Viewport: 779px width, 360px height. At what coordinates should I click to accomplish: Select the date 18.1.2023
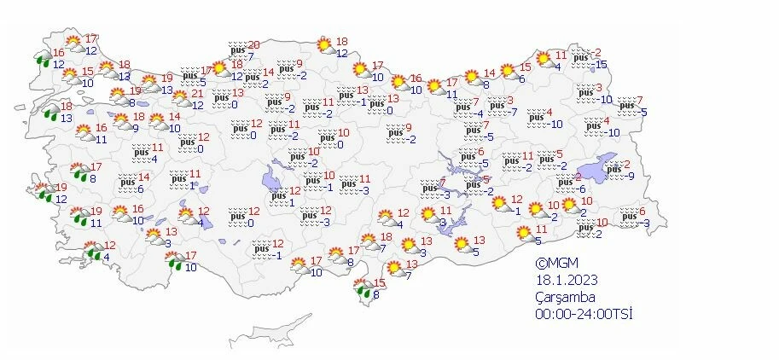pos(565,280)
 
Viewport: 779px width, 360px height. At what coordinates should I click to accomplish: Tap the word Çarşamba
pos(565,296)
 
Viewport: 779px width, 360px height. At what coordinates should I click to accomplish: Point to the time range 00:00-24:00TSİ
pos(584,313)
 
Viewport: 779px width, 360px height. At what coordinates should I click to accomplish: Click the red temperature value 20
pos(253,45)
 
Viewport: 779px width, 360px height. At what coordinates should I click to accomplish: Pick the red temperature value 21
pos(196,94)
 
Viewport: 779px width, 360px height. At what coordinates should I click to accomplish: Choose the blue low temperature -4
pos(480,113)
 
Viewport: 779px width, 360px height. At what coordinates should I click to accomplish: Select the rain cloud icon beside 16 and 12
pos(42,58)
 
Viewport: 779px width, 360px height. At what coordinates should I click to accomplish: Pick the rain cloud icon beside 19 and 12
pos(42,194)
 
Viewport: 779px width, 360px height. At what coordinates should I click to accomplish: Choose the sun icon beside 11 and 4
pos(539,61)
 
